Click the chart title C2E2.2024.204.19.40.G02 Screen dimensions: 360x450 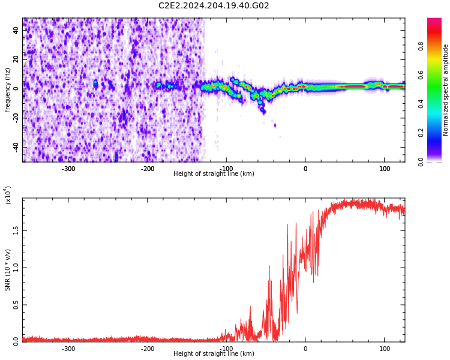point(214,6)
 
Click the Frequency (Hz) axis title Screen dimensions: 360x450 point(8,90)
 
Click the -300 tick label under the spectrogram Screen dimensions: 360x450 point(68,168)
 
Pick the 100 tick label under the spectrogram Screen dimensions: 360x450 point(384,168)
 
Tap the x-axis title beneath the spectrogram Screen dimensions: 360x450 point(214,174)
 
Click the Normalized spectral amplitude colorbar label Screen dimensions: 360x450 point(446,90)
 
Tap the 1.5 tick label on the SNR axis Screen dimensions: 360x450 point(15,229)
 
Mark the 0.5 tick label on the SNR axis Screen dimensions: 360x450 point(15,304)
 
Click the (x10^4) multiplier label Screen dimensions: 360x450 point(8,195)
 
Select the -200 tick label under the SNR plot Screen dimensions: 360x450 point(148,348)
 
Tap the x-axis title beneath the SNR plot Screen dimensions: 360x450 point(214,354)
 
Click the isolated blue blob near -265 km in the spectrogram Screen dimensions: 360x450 point(95,83)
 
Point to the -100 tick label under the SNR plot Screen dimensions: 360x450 point(226,348)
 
